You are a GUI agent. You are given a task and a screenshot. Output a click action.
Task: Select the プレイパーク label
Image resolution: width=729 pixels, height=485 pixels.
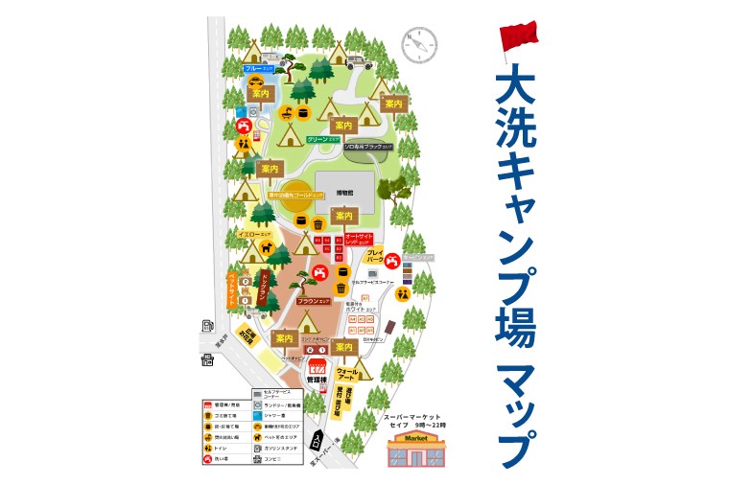(375, 256)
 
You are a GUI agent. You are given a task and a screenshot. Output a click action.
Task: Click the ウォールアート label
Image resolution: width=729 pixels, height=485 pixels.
(346, 374)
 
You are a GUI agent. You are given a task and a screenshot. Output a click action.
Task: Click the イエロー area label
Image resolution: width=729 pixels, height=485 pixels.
(256, 233)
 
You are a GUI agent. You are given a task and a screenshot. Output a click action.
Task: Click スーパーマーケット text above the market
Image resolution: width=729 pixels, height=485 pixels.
(412, 418)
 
